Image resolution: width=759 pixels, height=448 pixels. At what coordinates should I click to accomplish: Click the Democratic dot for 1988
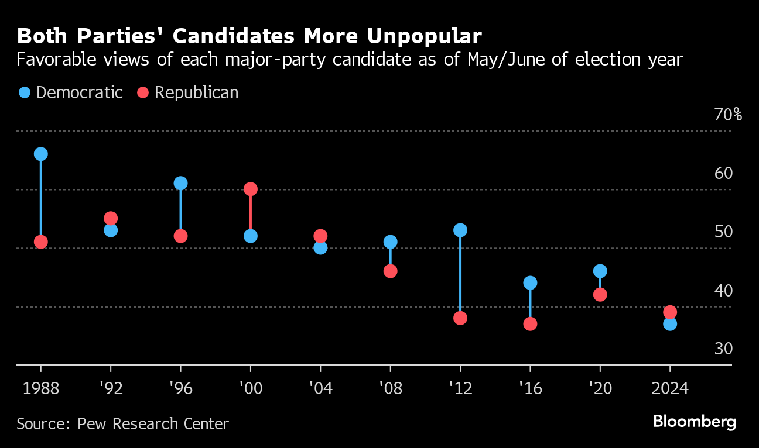coord(40,154)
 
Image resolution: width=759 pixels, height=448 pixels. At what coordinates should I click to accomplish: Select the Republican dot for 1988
coord(40,242)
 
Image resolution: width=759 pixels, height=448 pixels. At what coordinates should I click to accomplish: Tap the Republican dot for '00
coord(251,189)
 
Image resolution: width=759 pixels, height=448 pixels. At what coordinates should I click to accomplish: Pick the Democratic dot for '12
coord(460,230)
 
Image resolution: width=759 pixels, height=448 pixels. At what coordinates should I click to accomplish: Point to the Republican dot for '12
coord(460,318)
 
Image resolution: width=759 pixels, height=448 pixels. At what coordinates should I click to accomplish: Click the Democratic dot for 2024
coord(670,324)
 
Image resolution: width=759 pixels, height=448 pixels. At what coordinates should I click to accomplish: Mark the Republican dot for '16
coord(530,324)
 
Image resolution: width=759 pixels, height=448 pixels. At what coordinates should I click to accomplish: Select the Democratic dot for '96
coord(180,183)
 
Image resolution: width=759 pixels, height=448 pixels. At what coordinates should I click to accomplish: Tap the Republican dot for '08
coord(391,271)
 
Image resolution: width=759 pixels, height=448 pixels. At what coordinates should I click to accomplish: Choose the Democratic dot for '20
coord(600,271)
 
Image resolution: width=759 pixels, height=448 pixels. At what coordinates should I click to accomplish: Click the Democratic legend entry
coord(71,92)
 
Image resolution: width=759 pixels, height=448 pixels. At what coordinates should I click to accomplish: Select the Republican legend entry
coord(188,92)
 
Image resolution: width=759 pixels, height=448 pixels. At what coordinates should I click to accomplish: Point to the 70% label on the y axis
coord(728,115)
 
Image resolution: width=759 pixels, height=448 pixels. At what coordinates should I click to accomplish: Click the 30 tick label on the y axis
coord(724,349)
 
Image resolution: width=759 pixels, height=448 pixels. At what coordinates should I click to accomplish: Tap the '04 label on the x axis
coord(320,388)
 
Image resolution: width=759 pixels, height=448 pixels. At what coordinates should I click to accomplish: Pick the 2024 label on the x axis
coord(670,388)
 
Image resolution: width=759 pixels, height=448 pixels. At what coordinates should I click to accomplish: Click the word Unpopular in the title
coord(424,36)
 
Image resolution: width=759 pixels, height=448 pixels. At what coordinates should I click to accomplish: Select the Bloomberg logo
coord(694,421)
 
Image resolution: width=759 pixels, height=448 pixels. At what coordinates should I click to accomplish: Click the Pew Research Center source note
coord(123,423)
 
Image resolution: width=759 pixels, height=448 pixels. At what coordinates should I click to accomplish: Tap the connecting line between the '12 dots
coord(460,274)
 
